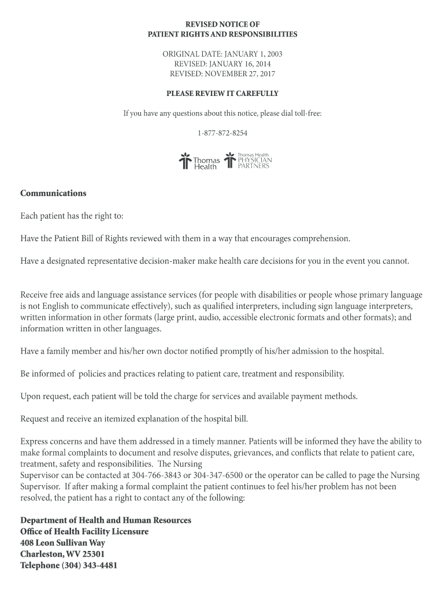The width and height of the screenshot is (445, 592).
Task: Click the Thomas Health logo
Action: (x=199, y=161)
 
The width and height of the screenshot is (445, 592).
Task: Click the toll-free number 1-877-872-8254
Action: (x=222, y=133)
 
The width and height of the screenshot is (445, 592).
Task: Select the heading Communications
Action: (x=53, y=193)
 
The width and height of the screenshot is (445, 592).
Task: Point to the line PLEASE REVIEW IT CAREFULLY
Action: (x=222, y=93)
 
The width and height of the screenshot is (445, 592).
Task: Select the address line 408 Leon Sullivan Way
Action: (x=62, y=543)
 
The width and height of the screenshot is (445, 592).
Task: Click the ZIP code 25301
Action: (x=94, y=554)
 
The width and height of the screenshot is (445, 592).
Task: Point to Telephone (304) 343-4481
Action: (x=69, y=565)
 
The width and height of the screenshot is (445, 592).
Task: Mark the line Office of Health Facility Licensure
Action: (x=84, y=531)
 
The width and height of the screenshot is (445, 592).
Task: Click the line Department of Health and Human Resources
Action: (x=106, y=520)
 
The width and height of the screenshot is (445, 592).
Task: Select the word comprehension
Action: (x=321, y=238)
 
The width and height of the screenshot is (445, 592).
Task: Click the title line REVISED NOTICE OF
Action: (x=222, y=24)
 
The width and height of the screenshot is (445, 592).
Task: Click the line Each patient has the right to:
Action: (x=72, y=216)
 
